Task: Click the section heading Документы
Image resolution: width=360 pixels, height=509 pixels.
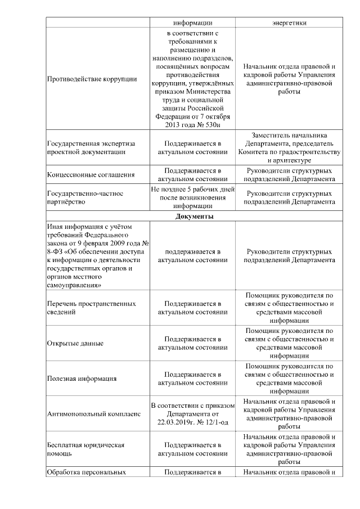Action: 193,217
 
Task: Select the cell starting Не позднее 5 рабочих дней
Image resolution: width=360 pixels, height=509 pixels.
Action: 193,197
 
